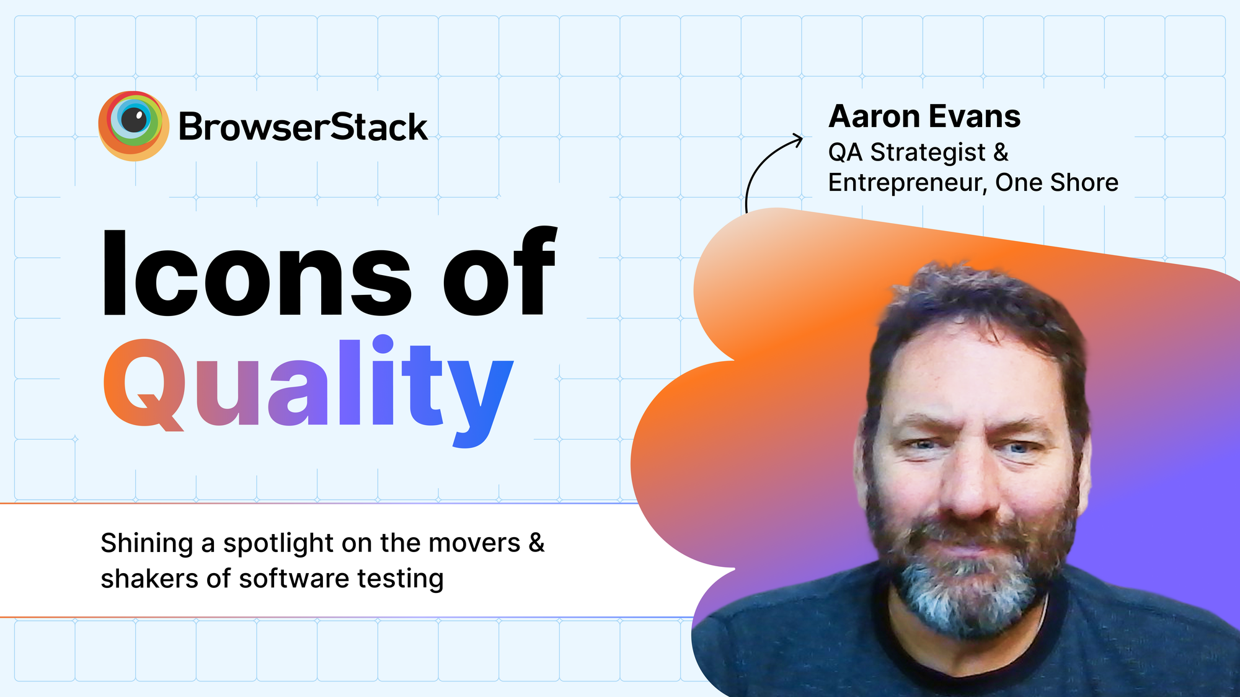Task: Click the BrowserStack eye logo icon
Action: click(133, 126)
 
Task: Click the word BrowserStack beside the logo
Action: click(303, 128)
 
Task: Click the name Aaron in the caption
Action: click(869, 117)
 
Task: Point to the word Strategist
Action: click(928, 152)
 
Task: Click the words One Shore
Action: click(1057, 183)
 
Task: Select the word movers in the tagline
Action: click(474, 543)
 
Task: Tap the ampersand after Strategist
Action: click(1001, 152)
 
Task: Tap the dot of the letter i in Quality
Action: click(383, 344)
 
